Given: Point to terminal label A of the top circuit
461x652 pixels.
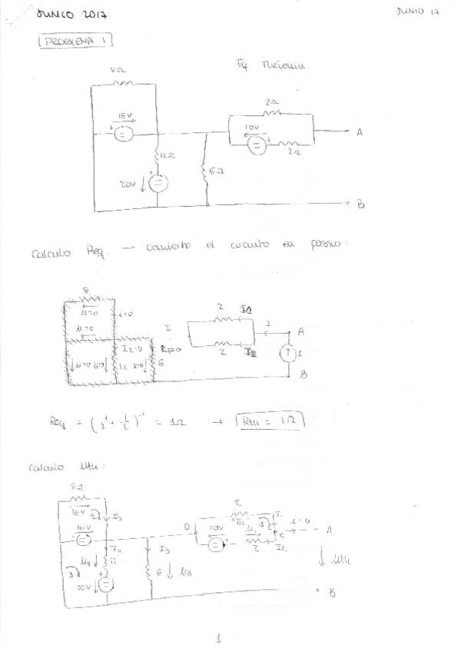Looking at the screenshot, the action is [359, 132].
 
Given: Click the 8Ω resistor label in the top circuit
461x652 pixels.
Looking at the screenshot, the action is [118, 70].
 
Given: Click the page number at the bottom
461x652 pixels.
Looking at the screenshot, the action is [219, 637].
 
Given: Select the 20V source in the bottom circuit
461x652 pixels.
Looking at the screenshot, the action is [105, 587].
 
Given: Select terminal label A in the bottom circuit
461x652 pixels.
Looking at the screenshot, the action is [329, 529].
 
